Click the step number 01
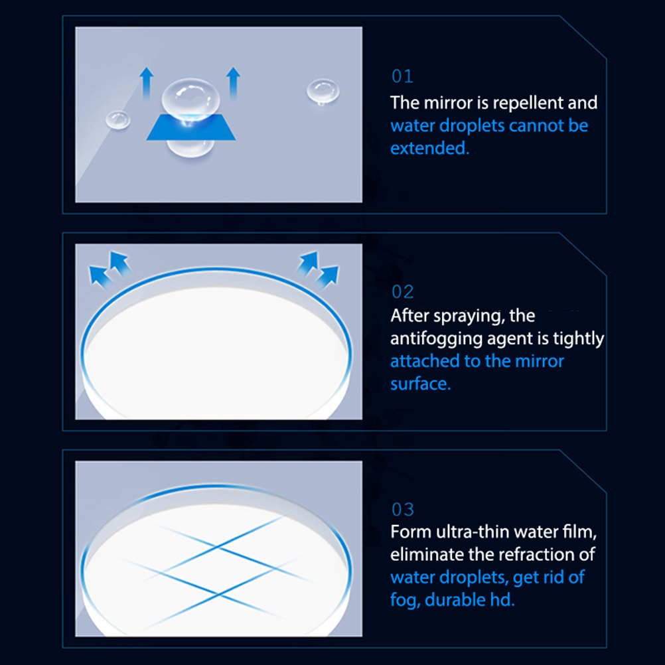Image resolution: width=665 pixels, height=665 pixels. pos(402,76)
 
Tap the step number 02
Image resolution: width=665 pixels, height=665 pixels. pos(402,292)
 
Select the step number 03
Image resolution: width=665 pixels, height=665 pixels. pos(402,509)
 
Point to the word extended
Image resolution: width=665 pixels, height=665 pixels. pos(429,149)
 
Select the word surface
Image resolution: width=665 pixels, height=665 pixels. pos(420,384)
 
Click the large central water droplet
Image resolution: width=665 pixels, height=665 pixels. pos(191,102)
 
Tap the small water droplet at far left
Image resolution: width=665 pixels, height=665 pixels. pos(118,119)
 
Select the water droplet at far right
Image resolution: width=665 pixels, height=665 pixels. pos(323,91)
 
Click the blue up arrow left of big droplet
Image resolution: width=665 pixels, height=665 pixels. pos(146,84)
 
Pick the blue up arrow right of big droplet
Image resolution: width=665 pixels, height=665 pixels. pos(233,84)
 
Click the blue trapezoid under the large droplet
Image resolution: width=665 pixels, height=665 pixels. pos(191,127)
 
